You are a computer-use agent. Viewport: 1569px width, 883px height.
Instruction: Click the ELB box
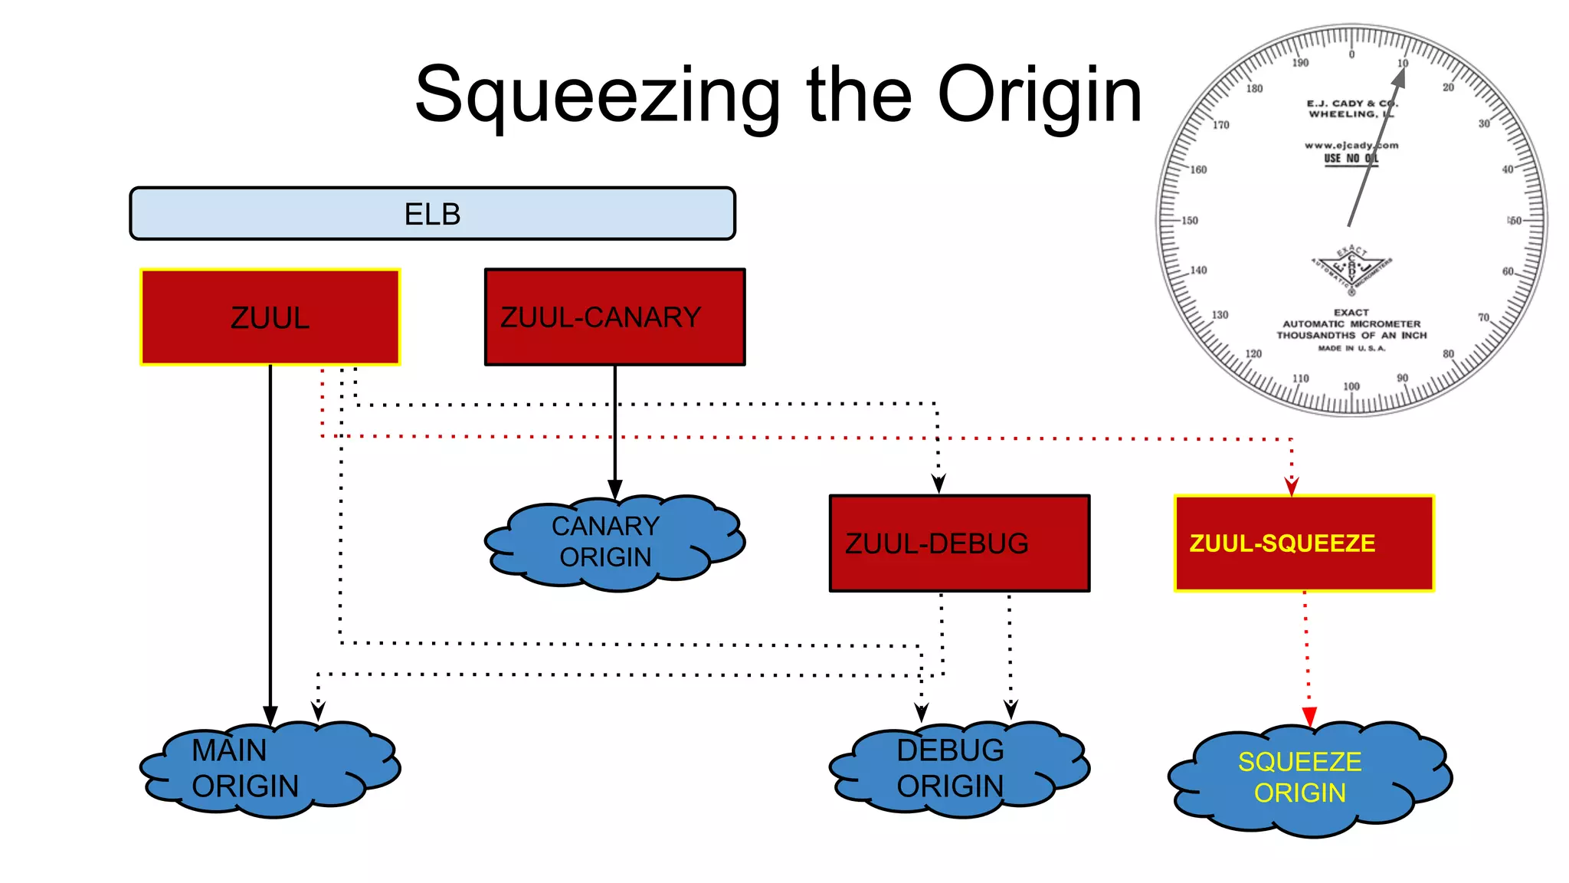click(x=432, y=214)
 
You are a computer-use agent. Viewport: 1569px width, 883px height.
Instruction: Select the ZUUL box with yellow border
click(x=270, y=317)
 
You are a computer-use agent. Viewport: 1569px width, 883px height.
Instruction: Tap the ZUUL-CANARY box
click(x=614, y=317)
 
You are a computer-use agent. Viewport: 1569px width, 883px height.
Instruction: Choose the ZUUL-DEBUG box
click(x=959, y=543)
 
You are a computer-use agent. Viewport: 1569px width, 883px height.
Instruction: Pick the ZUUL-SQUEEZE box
click(x=1304, y=543)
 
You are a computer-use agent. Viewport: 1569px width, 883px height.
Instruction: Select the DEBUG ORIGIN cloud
click(x=958, y=769)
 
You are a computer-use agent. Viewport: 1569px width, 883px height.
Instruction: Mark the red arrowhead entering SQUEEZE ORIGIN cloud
click(x=1309, y=717)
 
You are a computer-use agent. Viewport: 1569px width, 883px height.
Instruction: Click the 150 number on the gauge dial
click(x=1189, y=221)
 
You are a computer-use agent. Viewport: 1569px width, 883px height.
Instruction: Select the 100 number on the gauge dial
click(x=1351, y=386)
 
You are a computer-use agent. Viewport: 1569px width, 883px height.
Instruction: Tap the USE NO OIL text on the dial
click(x=1351, y=159)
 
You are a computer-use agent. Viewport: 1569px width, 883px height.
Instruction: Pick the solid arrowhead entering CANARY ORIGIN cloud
click(x=614, y=489)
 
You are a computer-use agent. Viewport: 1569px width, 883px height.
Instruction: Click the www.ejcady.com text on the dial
click(x=1351, y=145)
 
